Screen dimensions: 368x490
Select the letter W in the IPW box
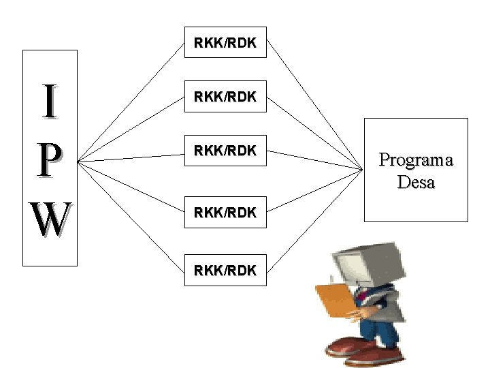coord(49,219)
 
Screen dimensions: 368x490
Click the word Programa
coord(416,161)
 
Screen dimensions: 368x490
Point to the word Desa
coord(416,183)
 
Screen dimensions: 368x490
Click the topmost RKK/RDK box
coord(225,42)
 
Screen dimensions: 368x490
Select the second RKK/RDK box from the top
coord(225,97)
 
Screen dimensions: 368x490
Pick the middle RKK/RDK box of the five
coord(225,151)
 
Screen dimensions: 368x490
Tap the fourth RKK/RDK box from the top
coord(225,212)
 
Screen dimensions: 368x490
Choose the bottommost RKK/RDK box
coord(225,270)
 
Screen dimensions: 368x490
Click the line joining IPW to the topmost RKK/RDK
coord(131,103)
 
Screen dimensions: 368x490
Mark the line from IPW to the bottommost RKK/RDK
coord(131,217)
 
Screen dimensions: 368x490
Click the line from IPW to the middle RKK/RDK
coord(131,158)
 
